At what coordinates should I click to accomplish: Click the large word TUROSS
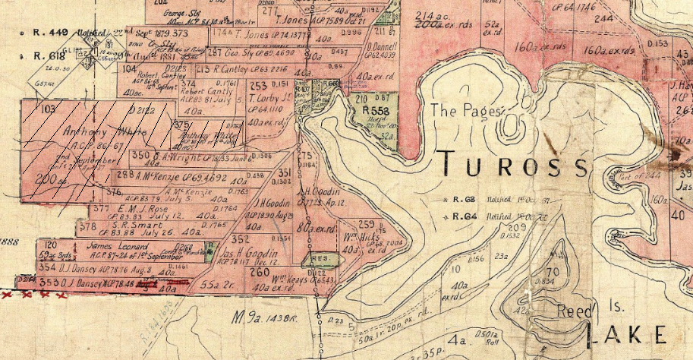pos(514,163)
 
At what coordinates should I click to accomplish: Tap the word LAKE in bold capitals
pos(630,333)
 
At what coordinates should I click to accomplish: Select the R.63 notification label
pos(460,200)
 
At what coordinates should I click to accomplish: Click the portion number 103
pos(51,109)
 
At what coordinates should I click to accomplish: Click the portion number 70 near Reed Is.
pos(552,272)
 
